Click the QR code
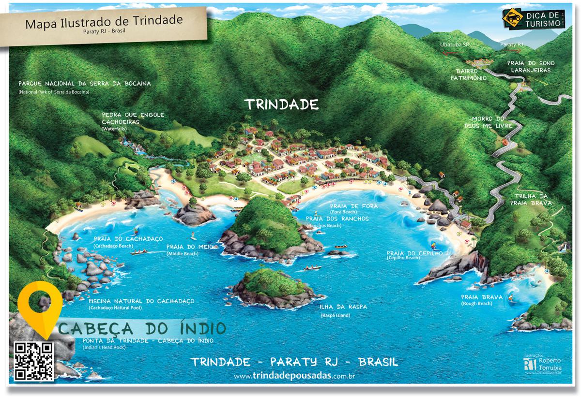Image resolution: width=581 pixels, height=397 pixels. (33, 362)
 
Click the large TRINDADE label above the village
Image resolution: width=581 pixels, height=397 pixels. (281, 104)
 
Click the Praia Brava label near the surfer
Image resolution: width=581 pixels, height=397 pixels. (482, 297)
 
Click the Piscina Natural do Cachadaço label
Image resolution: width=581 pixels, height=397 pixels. (141, 301)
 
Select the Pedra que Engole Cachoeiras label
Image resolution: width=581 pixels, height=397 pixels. (133, 118)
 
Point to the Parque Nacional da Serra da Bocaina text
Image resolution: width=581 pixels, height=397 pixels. (84, 83)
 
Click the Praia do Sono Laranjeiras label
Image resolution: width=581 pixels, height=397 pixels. (531, 66)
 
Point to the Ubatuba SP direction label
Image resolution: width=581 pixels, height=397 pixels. (455, 44)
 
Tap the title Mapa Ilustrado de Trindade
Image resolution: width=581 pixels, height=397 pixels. (104, 22)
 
